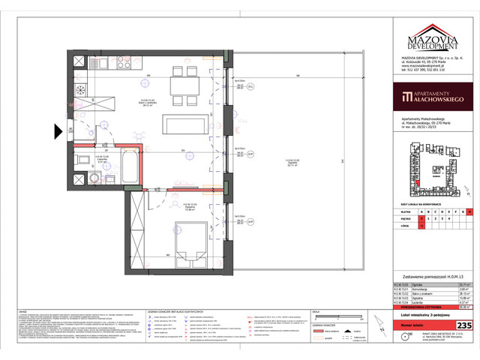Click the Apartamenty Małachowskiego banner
[x=430, y=97]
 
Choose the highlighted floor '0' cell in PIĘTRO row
[x=421, y=218]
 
